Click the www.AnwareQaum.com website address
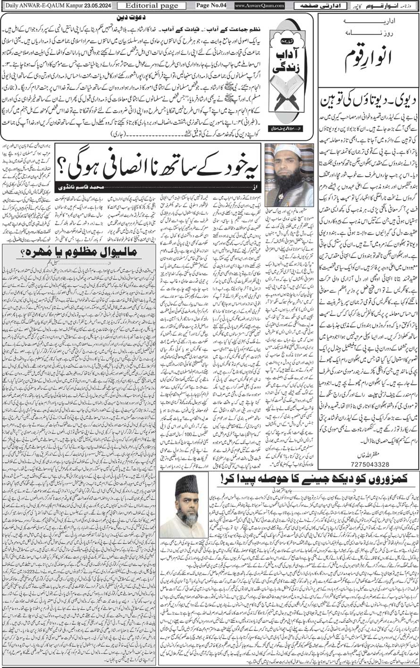259,6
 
